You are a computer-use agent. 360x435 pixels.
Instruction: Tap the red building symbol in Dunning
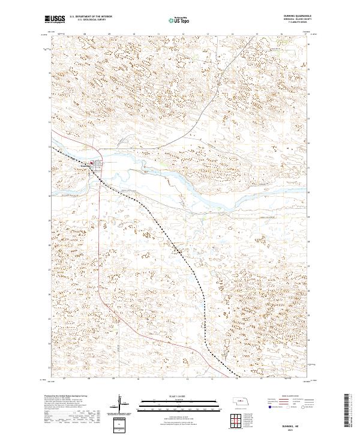[92, 163]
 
